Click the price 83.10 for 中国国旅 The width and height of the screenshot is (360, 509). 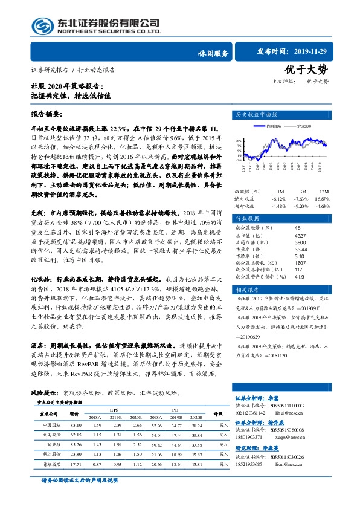[76, 426]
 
